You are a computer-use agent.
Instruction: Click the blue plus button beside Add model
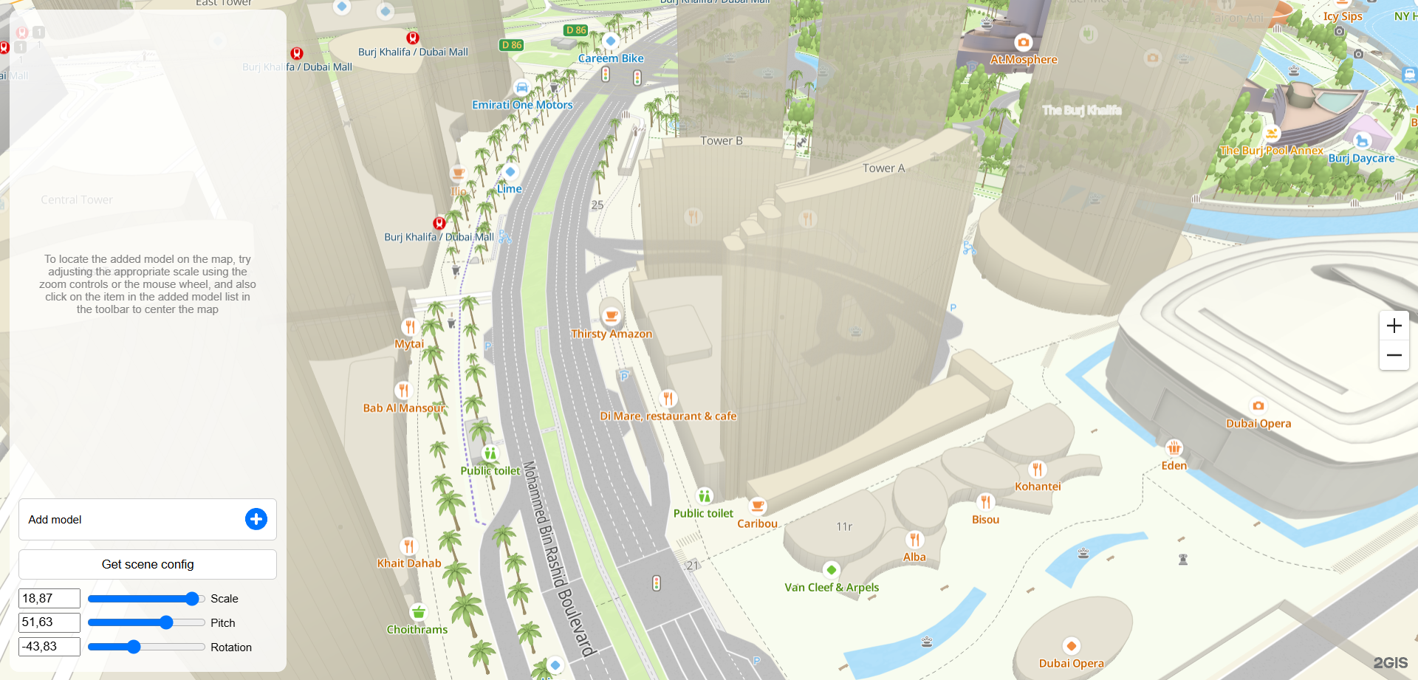pyautogui.click(x=256, y=519)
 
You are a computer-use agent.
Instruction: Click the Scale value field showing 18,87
pyautogui.click(x=49, y=598)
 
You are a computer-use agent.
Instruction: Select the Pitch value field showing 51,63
pyautogui.click(x=49, y=622)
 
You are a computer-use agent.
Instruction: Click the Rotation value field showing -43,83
pyautogui.click(x=49, y=647)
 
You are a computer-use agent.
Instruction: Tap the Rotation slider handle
pyautogui.click(x=134, y=647)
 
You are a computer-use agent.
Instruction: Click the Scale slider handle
pyautogui.click(x=192, y=598)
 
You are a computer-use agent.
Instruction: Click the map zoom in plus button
pyautogui.click(x=1394, y=326)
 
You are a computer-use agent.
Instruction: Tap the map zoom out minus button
pyautogui.click(x=1394, y=355)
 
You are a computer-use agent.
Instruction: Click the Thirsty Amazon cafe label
pyautogui.click(x=611, y=334)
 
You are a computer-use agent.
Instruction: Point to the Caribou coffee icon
pyautogui.click(x=757, y=506)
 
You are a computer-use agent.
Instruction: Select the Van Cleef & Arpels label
pyautogui.click(x=832, y=588)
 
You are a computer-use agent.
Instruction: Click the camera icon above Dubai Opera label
pyautogui.click(x=1258, y=405)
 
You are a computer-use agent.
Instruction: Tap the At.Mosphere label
pyautogui.click(x=1024, y=60)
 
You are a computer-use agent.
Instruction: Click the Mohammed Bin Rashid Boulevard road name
pyautogui.click(x=558, y=558)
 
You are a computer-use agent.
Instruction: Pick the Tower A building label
pyautogui.click(x=883, y=168)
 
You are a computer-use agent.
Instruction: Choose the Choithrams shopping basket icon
pyautogui.click(x=418, y=612)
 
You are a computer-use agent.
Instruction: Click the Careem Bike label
pyautogui.click(x=611, y=58)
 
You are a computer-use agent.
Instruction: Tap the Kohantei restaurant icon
pyautogui.click(x=1037, y=469)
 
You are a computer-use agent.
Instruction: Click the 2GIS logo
pyautogui.click(x=1390, y=663)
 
